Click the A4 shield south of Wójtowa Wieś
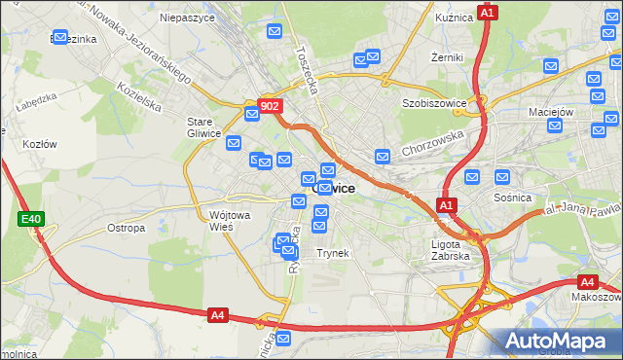[x=218, y=315]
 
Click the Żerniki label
[x=447, y=57]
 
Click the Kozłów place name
[x=40, y=144]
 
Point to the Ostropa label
[x=126, y=228]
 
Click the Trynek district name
[x=332, y=253]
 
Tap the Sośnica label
[x=512, y=198]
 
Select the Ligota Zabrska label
[x=451, y=250]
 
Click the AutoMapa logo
[x=560, y=342]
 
